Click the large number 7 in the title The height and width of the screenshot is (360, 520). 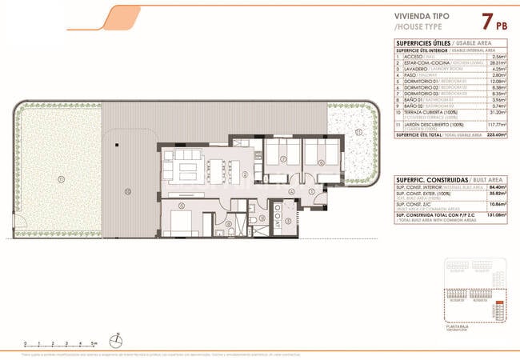487,22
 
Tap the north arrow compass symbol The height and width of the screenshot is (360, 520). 117,340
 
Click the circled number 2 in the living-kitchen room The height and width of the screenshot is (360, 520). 245,175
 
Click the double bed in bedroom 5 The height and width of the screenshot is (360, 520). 182,223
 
